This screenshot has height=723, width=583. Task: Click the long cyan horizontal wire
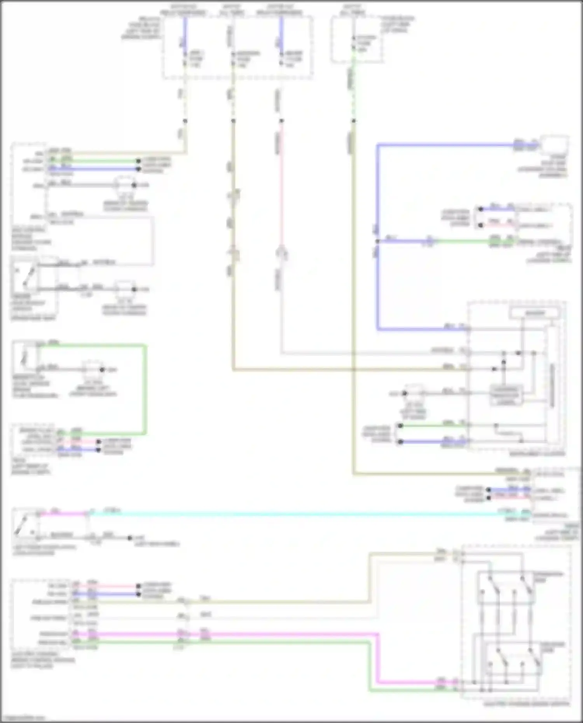[x=291, y=514]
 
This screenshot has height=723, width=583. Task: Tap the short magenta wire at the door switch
[x=62, y=514]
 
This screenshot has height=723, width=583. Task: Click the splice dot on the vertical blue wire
[x=377, y=241]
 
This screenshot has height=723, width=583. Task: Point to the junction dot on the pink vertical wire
[x=281, y=121]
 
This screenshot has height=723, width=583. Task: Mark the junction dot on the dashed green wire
[x=353, y=121]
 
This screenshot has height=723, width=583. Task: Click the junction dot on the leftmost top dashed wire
[x=185, y=121]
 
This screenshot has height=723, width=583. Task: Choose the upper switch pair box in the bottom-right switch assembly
[x=505, y=587]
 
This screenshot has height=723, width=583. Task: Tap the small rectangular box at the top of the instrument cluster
[x=535, y=313]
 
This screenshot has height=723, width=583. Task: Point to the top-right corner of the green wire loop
[x=146, y=345]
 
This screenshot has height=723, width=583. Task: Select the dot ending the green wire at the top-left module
[x=138, y=160]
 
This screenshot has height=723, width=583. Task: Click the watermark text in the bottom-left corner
[x=23, y=718]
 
